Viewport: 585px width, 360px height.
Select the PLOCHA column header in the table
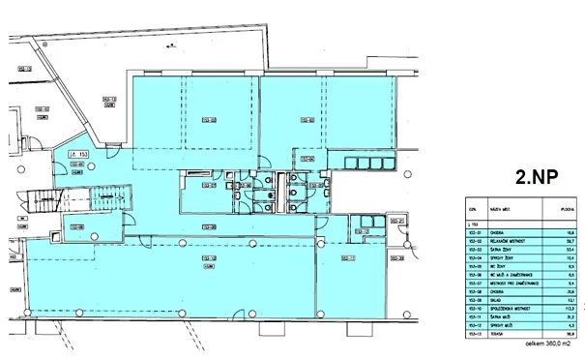click(556, 207)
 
